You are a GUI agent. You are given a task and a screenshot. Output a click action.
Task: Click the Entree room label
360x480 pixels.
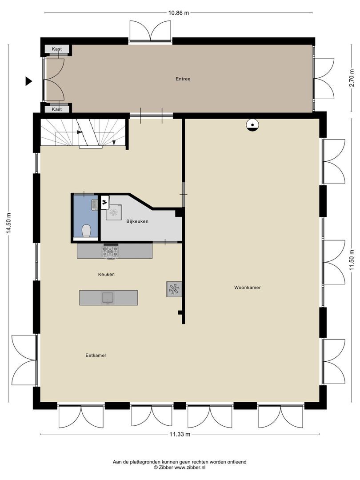click(x=183, y=79)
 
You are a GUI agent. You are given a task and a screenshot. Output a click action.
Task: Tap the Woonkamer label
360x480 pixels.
click(x=247, y=288)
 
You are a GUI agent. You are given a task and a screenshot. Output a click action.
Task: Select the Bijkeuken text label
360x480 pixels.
click(x=137, y=221)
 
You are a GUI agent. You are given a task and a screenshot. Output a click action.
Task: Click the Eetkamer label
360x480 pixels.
click(x=96, y=356)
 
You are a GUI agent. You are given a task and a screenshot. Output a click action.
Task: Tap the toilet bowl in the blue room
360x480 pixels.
click(x=87, y=231)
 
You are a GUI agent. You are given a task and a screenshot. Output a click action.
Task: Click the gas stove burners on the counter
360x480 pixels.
click(x=110, y=252)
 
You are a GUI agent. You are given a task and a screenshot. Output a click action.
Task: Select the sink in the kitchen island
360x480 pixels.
click(x=108, y=297)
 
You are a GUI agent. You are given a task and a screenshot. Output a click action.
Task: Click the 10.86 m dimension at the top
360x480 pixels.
click(x=178, y=13)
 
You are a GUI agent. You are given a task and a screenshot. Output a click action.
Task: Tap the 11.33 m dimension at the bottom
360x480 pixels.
click(x=180, y=434)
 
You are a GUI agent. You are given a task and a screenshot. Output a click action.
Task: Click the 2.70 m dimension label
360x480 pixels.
click(x=351, y=79)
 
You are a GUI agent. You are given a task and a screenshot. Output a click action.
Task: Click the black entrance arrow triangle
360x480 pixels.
click(x=29, y=81)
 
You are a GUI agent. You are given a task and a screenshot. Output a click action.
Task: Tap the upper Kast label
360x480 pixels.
click(x=57, y=49)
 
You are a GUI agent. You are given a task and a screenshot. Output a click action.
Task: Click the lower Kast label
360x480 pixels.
click(x=57, y=109)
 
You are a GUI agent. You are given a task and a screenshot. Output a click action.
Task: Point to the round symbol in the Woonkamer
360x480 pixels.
click(x=252, y=126)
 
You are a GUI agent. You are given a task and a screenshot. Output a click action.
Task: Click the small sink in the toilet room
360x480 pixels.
click(x=95, y=205)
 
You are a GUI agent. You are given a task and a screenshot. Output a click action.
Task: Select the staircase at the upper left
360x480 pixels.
click(x=82, y=132)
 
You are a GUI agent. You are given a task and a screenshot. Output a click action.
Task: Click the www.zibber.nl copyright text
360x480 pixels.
click(x=180, y=468)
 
